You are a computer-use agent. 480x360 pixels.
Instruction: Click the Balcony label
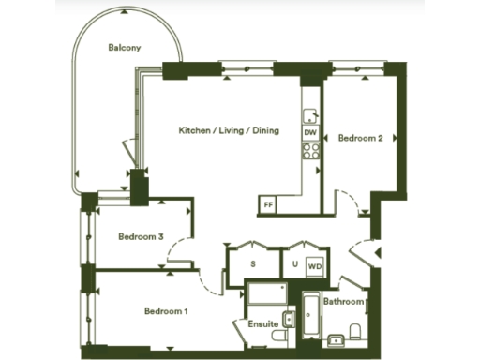click(x=124, y=48)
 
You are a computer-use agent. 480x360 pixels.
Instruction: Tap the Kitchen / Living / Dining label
click(x=229, y=131)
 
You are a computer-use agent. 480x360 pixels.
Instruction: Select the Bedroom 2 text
click(x=360, y=139)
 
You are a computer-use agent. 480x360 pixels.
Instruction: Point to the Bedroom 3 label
click(x=142, y=237)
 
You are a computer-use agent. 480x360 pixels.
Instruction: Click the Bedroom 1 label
click(x=166, y=311)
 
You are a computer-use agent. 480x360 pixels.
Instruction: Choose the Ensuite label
click(x=263, y=325)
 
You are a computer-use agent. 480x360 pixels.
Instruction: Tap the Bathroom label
click(x=344, y=303)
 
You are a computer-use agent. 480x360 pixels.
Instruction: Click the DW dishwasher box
click(x=310, y=133)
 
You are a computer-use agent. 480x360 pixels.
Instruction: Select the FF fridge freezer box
click(x=268, y=203)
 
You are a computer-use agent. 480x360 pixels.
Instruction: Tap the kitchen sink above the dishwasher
click(x=310, y=116)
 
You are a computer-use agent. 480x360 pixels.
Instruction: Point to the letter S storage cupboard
click(x=253, y=264)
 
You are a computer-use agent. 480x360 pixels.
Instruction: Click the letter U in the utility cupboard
click(x=293, y=264)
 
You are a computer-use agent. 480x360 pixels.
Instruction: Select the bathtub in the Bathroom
click(x=311, y=319)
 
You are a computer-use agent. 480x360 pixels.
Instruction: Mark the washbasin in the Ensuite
click(x=288, y=319)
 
